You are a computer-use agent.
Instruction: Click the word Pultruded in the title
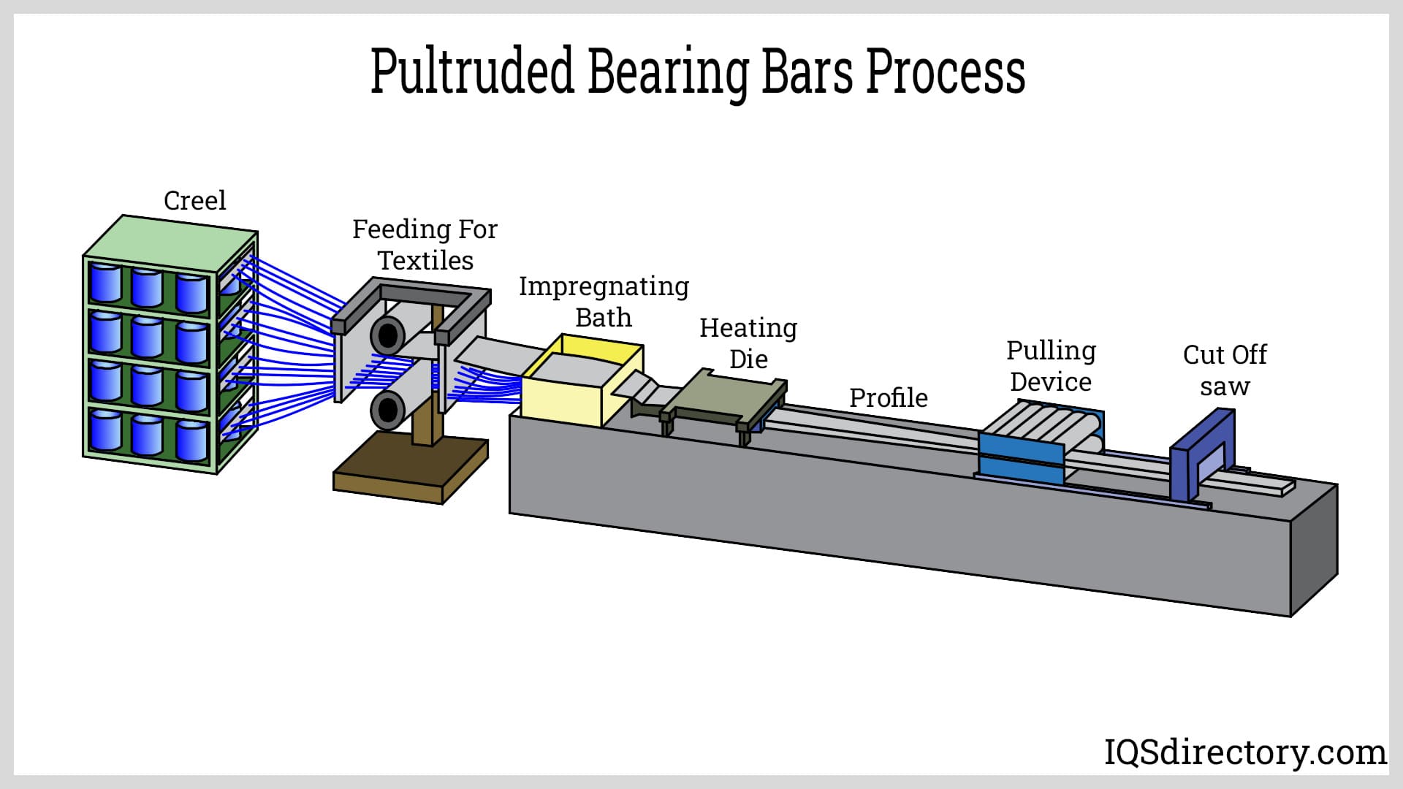[471, 72]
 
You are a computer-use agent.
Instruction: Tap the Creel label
[194, 200]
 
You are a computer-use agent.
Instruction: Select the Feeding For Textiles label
[425, 245]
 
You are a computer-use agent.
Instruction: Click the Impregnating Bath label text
[604, 301]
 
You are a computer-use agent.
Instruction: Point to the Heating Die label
[748, 343]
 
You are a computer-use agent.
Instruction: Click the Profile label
[888, 397]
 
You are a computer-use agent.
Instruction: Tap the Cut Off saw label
[1225, 370]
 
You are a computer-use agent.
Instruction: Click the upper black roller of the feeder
[387, 336]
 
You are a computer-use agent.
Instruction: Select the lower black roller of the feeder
[387, 411]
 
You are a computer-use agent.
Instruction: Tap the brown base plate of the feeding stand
[409, 471]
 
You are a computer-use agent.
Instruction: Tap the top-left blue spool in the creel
[105, 283]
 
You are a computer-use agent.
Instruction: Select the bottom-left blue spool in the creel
[105, 430]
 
